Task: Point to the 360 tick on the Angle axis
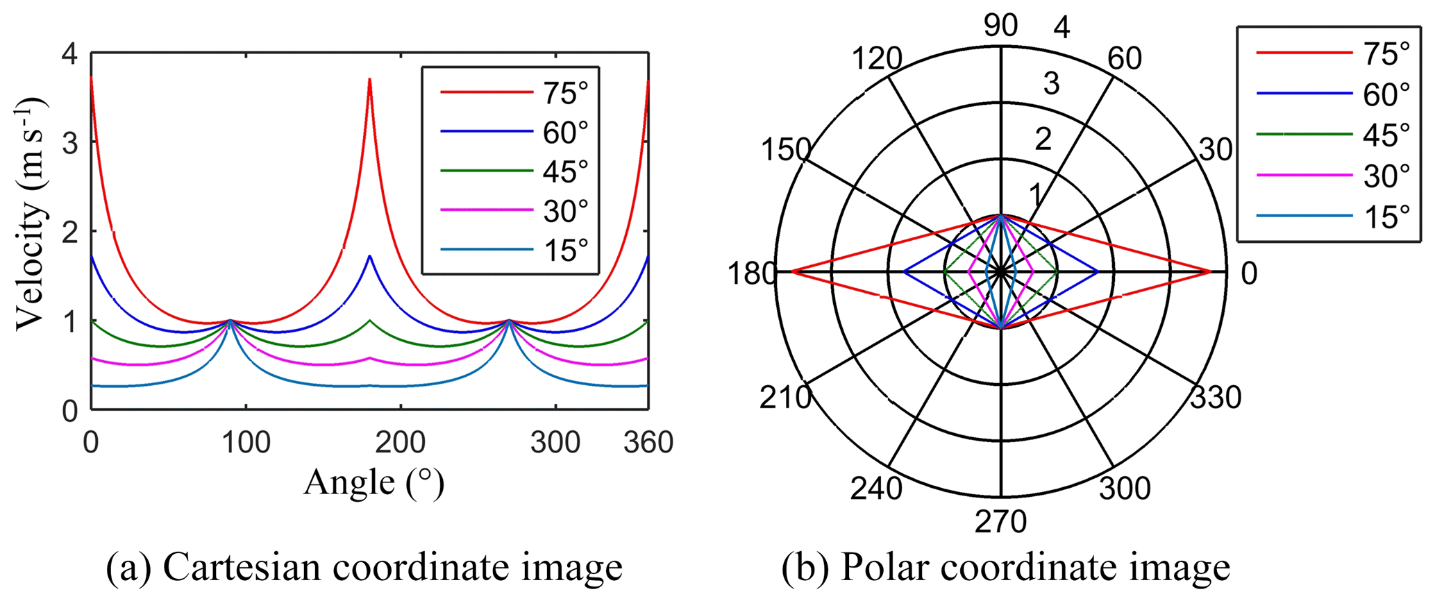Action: (648, 443)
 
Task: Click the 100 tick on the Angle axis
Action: (246, 443)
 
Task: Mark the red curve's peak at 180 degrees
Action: (370, 79)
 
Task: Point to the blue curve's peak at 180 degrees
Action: (370, 256)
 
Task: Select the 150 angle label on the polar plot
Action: (785, 150)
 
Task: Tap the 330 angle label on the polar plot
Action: (1216, 398)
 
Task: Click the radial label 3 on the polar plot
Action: (1052, 84)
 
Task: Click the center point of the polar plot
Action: (1000, 272)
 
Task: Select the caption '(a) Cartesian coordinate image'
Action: (364, 568)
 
